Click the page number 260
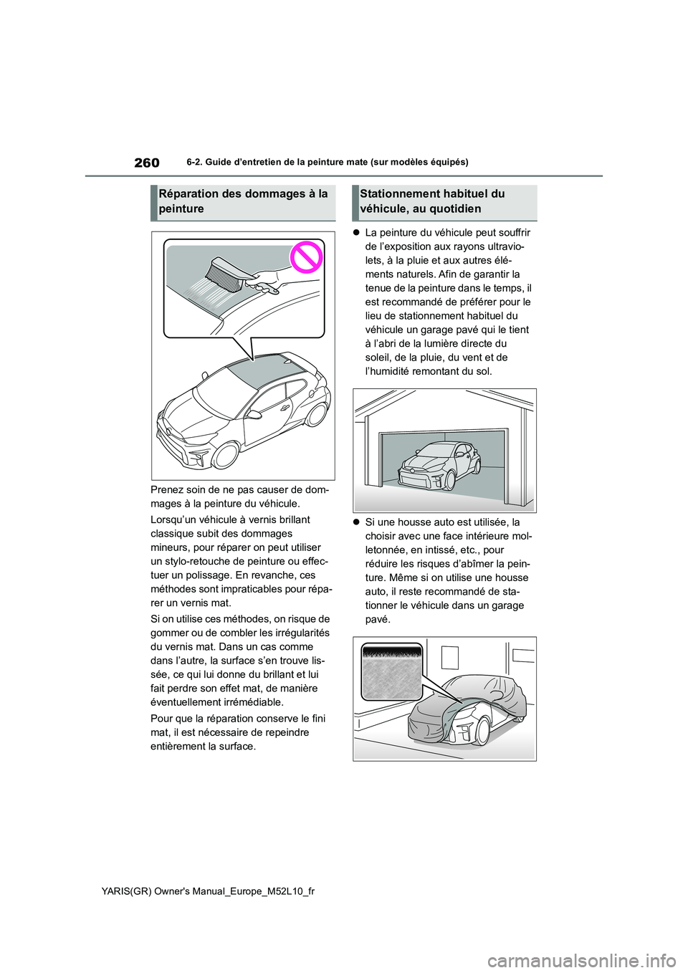146,163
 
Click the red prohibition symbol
307,259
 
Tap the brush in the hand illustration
224,276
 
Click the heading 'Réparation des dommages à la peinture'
243,201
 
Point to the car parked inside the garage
439,466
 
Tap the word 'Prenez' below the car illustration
167,490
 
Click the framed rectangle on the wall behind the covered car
450,656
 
